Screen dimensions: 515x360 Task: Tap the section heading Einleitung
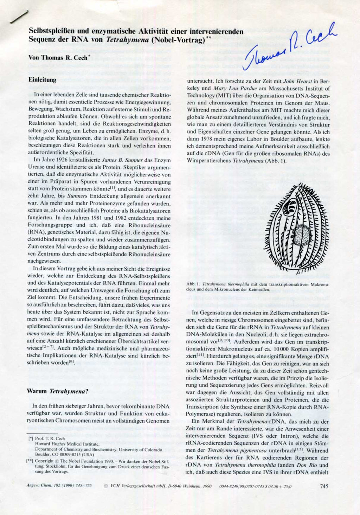tap(42, 80)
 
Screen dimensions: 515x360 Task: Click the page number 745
tap(324, 486)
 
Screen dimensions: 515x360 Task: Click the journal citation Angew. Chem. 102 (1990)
tap(59, 486)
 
